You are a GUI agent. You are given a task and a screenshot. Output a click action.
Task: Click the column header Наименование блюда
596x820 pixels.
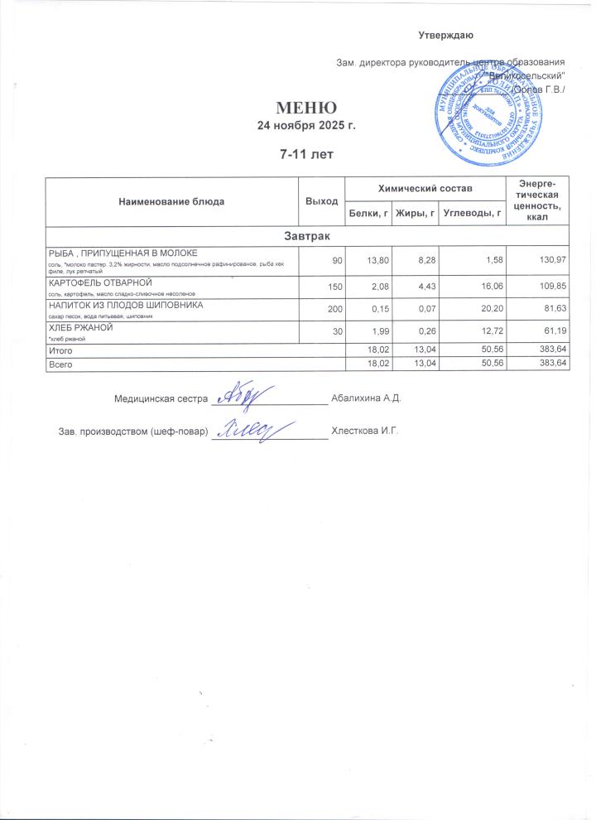point(171,201)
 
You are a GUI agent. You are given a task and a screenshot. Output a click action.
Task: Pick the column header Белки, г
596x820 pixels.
point(368,214)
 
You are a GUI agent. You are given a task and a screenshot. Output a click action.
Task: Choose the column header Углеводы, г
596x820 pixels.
point(473,214)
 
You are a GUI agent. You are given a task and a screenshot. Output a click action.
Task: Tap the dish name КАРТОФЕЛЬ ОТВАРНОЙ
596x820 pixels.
point(96,283)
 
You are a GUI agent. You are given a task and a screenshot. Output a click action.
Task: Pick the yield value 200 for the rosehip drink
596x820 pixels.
point(333,308)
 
